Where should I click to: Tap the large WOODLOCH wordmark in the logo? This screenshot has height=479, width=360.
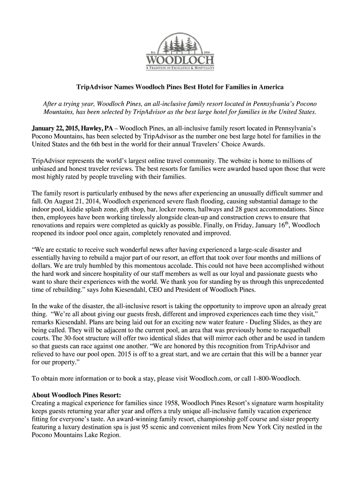pos(180,61)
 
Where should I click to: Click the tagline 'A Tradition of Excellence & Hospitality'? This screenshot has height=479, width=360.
pos(180,68)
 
